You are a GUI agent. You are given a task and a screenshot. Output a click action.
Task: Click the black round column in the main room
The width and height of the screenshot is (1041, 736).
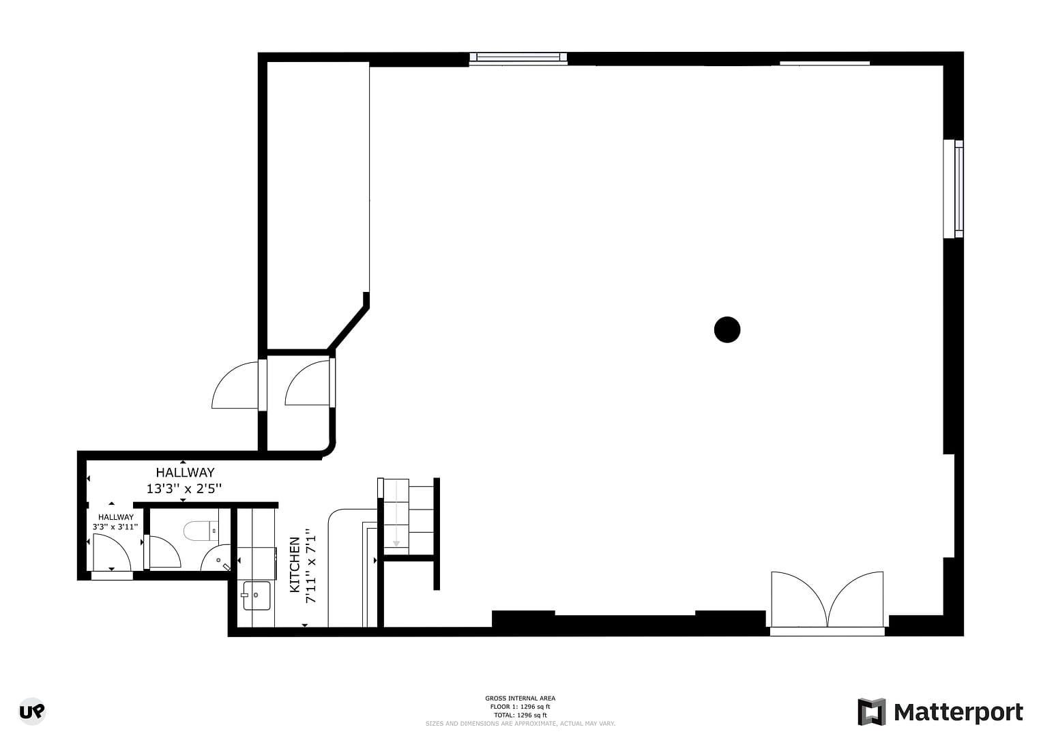pyautogui.click(x=727, y=329)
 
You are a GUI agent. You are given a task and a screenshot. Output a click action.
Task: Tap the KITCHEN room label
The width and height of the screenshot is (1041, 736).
pyautogui.click(x=295, y=564)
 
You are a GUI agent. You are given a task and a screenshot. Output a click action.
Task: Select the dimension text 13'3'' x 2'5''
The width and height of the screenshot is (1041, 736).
pyautogui.click(x=184, y=488)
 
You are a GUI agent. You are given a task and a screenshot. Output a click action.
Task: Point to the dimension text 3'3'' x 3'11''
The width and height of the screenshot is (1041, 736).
pyautogui.click(x=115, y=527)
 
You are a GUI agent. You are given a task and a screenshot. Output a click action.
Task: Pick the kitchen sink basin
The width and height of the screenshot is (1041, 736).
pyautogui.click(x=257, y=595)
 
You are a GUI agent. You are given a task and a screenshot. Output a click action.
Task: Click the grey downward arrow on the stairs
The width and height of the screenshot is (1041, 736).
pyautogui.click(x=396, y=532)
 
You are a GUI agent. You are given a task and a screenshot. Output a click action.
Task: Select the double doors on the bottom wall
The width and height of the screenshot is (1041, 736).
pyautogui.click(x=827, y=600)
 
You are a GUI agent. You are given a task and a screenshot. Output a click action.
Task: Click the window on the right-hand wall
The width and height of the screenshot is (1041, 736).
pyautogui.click(x=954, y=189)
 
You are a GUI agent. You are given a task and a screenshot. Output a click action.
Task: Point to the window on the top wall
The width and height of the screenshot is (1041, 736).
pyautogui.click(x=518, y=58)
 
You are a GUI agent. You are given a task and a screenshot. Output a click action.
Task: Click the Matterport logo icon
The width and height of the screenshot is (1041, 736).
pyautogui.click(x=871, y=712)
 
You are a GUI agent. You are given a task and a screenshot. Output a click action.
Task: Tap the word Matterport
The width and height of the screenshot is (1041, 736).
pyautogui.click(x=958, y=712)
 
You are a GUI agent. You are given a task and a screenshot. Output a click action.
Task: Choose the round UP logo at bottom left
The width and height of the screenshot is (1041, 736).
pyautogui.click(x=32, y=711)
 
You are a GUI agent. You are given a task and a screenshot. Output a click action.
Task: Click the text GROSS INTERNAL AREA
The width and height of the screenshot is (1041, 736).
pyautogui.click(x=520, y=698)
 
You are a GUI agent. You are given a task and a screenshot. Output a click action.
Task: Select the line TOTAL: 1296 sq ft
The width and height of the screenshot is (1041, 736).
pyautogui.click(x=520, y=715)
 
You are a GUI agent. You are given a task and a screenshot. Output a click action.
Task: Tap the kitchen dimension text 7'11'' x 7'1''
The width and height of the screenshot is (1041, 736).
pyautogui.click(x=311, y=565)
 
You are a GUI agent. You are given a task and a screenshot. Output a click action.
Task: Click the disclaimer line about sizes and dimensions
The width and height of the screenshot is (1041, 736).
pyautogui.click(x=520, y=723)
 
